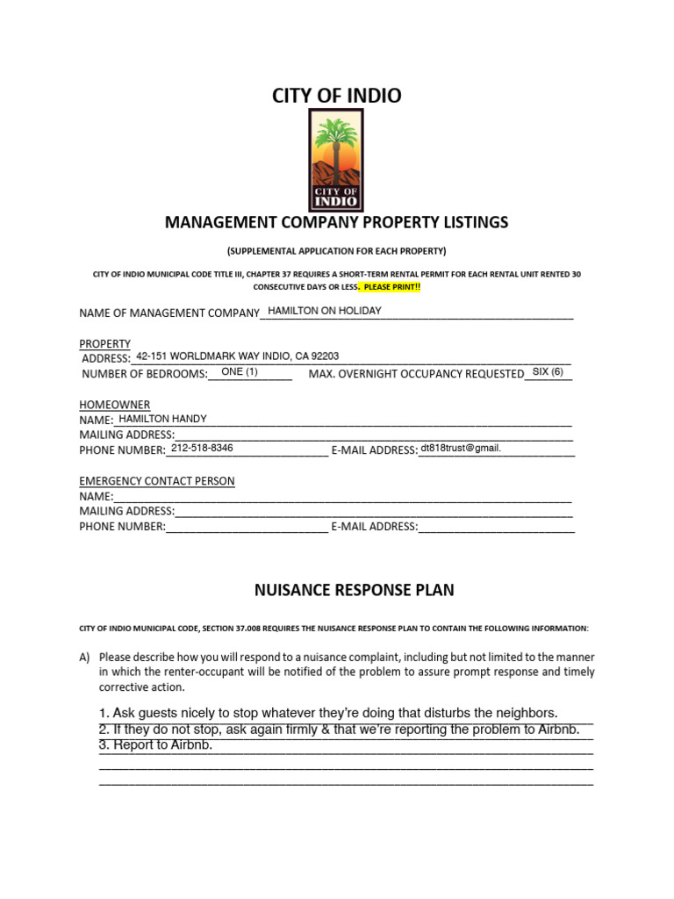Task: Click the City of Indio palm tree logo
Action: [x=336, y=161]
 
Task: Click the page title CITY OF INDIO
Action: [x=336, y=96]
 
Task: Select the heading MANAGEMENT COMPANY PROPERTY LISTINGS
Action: [x=336, y=222]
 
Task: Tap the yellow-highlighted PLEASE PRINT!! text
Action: [x=392, y=287]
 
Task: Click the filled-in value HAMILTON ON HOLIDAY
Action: [x=324, y=311]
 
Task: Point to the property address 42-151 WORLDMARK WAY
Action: [x=237, y=356]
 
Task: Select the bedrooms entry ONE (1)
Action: [x=240, y=372]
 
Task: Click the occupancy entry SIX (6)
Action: [x=548, y=372]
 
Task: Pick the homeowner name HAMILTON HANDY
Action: [x=162, y=419]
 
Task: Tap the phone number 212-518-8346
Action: [x=202, y=448]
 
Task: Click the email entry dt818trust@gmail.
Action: [x=460, y=448]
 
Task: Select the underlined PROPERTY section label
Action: [x=104, y=343]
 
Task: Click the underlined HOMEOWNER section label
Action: [x=114, y=404]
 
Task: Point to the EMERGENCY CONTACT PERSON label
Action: [x=157, y=481]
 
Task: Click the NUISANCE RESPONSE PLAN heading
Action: [x=354, y=590]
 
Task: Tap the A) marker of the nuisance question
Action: [x=84, y=657]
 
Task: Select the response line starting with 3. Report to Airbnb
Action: [x=156, y=745]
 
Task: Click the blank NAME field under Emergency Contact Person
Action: [x=342, y=496]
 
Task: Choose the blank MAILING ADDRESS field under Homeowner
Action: [x=373, y=435]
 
